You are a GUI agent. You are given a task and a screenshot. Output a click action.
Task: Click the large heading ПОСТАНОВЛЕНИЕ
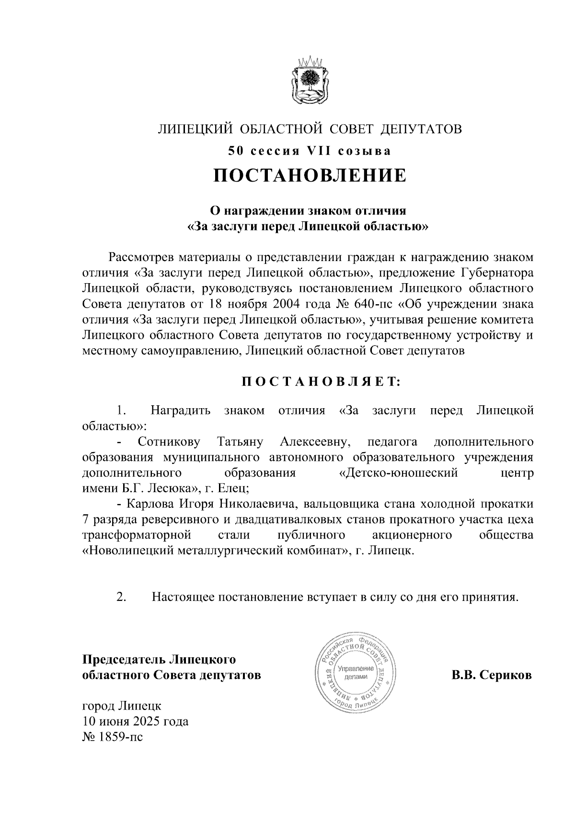[310, 176]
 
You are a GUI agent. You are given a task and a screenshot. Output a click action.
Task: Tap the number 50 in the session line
[235, 151]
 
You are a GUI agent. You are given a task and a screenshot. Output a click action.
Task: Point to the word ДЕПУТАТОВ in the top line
[422, 128]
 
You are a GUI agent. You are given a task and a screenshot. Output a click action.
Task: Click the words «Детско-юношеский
[398, 473]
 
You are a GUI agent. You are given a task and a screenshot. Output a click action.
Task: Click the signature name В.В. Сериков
[492, 676]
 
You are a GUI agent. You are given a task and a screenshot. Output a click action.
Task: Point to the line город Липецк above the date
[122, 706]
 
